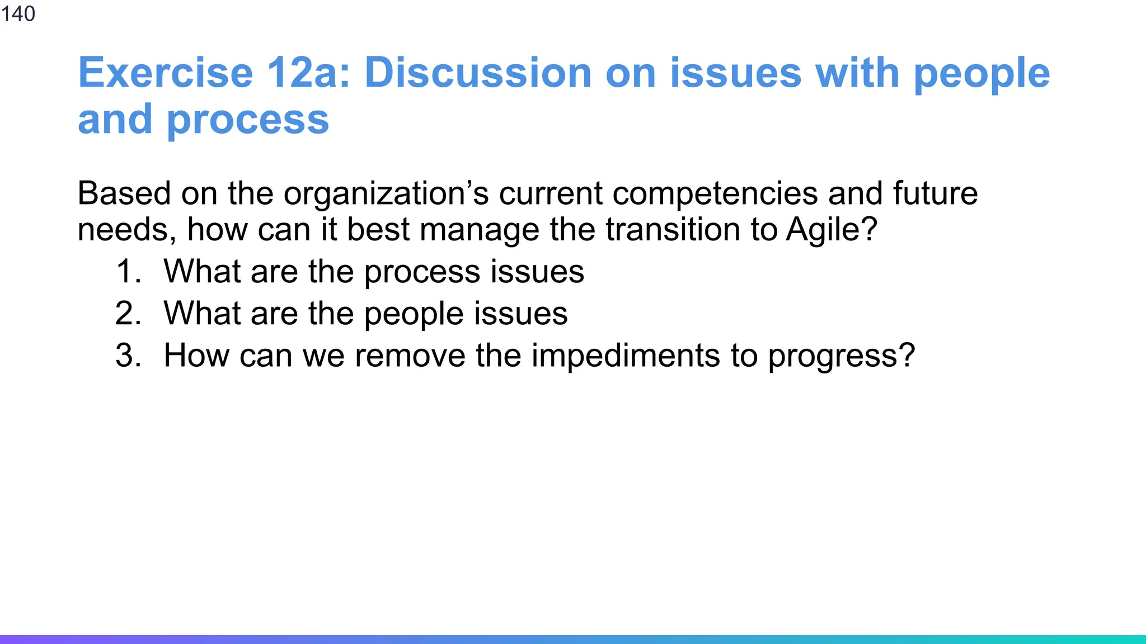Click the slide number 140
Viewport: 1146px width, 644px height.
click(x=18, y=13)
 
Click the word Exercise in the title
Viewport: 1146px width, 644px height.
click(x=166, y=73)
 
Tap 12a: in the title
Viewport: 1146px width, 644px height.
click(x=308, y=73)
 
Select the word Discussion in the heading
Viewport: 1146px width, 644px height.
click(x=478, y=73)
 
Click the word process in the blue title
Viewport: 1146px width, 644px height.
click(x=248, y=120)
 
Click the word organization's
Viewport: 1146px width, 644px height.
click(x=386, y=195)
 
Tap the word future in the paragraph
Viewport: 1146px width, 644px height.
click(x=935, y=193)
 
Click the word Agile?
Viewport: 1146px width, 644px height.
click(x=832, y=230)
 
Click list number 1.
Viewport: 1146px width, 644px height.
click(x=128, y=272)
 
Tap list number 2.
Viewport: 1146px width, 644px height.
click(x=128, y=314)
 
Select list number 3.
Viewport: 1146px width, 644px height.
click(x=128, y=356)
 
